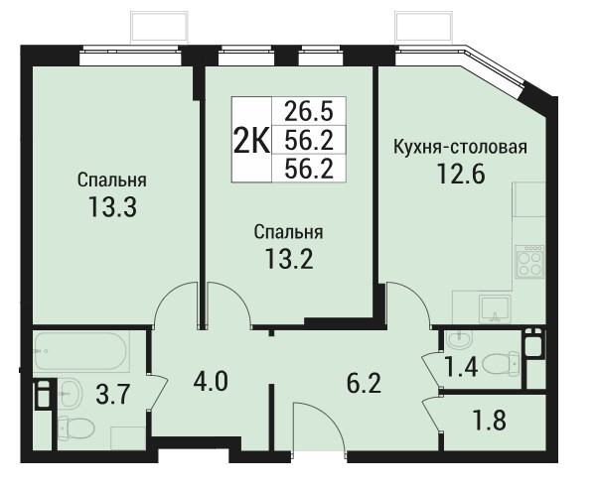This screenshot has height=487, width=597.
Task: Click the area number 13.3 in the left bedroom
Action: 112,207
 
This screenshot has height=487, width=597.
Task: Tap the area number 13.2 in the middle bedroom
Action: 289,259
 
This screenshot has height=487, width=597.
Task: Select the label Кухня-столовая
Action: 460,147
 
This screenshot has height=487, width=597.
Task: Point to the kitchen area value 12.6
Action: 461,174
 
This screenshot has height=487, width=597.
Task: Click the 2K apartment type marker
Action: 251,140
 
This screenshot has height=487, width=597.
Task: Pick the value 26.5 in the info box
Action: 309,112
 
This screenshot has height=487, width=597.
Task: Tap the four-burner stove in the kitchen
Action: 529,261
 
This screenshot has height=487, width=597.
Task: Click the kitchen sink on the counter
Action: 495,308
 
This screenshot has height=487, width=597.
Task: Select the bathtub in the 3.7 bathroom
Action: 79,351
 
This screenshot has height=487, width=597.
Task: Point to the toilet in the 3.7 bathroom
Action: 76,427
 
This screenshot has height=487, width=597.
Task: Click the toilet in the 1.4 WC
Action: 501,363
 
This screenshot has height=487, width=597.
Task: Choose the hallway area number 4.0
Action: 211,382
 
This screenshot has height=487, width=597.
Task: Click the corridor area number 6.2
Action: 364,384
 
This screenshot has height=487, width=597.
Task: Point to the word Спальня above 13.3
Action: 112,180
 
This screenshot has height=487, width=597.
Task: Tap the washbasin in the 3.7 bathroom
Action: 71,393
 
